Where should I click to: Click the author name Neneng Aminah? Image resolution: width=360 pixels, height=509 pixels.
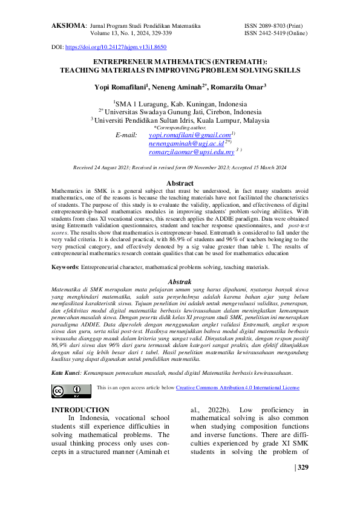(181, 88)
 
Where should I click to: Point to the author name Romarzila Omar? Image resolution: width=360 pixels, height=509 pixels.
(238, 88)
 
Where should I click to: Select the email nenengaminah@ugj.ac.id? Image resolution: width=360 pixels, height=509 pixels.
(186, 145)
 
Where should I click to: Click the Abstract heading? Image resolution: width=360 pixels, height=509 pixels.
(180, 183)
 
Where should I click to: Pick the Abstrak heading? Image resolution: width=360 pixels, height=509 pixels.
(179, 282)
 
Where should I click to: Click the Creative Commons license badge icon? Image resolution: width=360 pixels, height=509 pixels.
(67, 391)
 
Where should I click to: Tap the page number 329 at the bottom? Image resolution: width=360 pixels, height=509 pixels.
(302, 467)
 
